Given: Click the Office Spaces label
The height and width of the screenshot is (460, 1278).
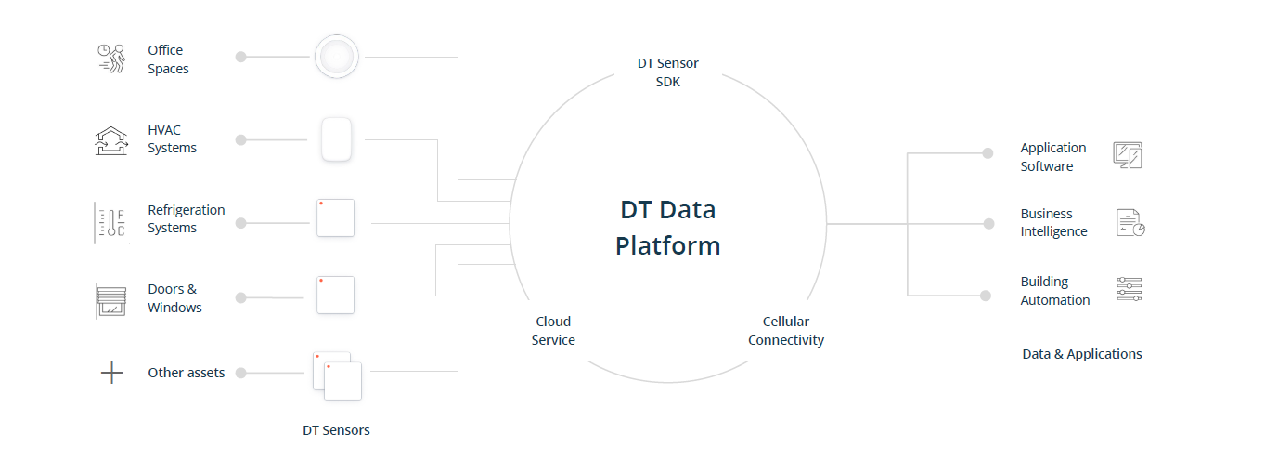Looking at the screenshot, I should click(x=168, y=59).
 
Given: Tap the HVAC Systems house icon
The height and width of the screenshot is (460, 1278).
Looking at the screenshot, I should click(x=111, y=140).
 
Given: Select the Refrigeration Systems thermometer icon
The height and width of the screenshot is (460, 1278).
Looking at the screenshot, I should click(x=110, y=223).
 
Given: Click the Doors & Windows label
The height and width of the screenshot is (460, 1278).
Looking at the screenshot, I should click(x=174, y=298).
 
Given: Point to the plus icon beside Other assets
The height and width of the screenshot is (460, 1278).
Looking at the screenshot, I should click(x=111, y=374).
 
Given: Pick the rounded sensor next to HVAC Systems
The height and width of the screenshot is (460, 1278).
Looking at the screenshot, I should click(x=336, y=139).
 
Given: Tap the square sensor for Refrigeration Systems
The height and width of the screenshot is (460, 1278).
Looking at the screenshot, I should click(x=335, y=218).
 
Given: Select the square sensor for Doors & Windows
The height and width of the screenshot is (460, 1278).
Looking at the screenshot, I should click(x=335, y=295).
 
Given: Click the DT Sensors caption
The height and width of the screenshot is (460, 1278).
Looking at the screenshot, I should click(x=336, y=430).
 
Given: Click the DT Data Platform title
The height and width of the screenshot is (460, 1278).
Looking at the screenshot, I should click(x=667, y=228).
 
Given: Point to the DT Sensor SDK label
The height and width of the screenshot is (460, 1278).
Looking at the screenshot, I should click(x=667, y=72).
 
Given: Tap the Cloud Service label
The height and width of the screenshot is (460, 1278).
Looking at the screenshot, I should click(x=553, y=331).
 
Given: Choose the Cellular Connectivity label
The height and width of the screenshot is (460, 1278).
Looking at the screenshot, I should click(x=786, y=331).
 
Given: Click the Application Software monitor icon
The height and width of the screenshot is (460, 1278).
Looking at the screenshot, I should click(x=1128, y=155).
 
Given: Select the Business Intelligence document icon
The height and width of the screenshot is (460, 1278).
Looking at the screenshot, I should click(x=1130, y=222).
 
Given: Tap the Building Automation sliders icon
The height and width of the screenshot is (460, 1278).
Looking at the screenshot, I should click(x=1130, y=289).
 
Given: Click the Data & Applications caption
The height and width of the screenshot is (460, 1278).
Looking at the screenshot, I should click(x=1082, y=354).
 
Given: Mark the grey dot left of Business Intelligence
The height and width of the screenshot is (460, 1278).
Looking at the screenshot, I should click(x=987, y=224).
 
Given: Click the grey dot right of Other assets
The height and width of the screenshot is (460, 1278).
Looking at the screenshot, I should click(x=241, y=374).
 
